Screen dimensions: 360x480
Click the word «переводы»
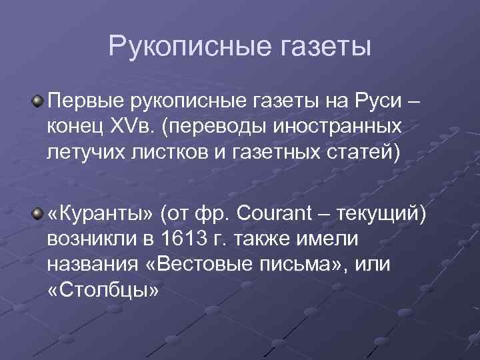(223, 127)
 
